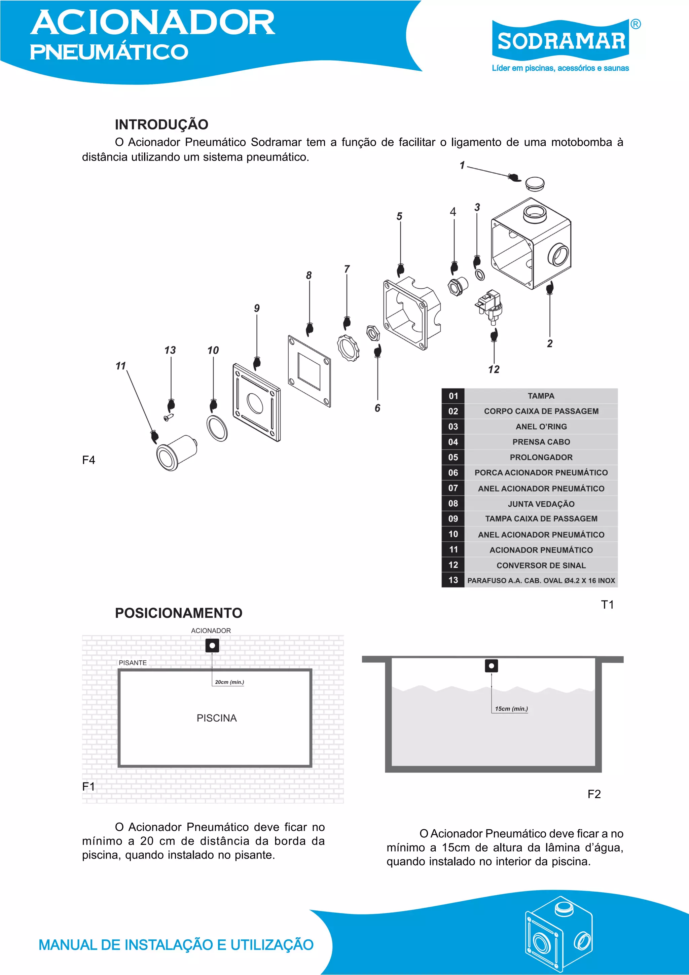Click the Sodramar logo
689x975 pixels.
point(560,42)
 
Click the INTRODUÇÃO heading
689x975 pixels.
point(161,124)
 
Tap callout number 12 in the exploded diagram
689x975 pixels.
point(494,369)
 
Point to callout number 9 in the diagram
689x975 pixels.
point(257,308)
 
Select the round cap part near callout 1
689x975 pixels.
point(535,184)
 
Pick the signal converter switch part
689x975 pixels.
point(490,305)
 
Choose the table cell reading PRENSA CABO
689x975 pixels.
point(541,442)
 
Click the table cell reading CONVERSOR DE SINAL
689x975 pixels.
point(541,565)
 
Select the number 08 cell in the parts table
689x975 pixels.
point(453,504)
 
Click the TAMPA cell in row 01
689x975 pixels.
point(541,396)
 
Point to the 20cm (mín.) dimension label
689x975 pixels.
point(229,682)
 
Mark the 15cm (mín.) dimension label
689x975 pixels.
point(511,709)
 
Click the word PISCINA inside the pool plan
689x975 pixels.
point(217,718)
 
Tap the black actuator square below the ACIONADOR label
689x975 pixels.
point(212,646)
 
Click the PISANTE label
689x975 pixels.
point(133,662)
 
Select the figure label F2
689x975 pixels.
point(594,794)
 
